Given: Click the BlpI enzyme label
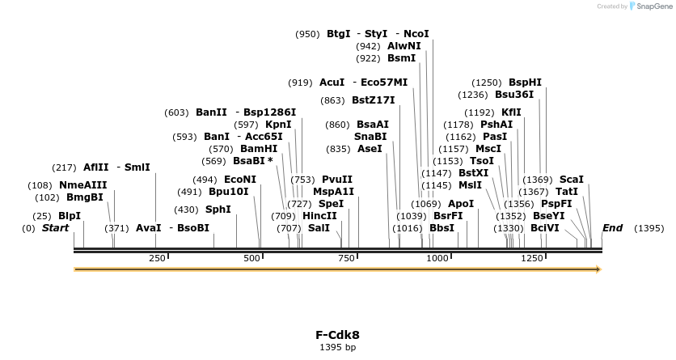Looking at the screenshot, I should (x=70, y=216).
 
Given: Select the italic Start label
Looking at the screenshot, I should (x=55, y=228).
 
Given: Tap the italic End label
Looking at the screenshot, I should (x=612, y=228).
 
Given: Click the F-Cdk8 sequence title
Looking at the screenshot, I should (x=337, y=334).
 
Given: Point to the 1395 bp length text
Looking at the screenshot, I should (x=337, y=347).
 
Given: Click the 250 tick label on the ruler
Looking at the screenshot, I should (x=157, y=258).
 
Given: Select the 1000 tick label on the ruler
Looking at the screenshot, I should (x=437, y=258).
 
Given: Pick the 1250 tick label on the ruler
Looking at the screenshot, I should (x=532, y=258).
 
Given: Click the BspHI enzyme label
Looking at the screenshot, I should (x=525, y=83).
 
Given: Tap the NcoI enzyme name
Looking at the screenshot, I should (x=416, y=34).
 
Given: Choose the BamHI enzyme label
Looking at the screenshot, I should (x=259, y=149).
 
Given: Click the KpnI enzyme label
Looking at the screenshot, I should (x=278, y=125).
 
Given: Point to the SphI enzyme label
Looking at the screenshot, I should (x=218, y=210).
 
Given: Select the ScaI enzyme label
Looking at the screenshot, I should (x=571, y=180).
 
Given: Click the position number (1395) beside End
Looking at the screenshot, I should (x=649, y=228).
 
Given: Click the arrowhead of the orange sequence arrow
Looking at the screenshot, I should (x=598, y=269).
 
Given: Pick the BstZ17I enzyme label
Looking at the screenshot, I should (x=373, y=100).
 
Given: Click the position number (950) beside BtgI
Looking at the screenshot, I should (x=307, y=34).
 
